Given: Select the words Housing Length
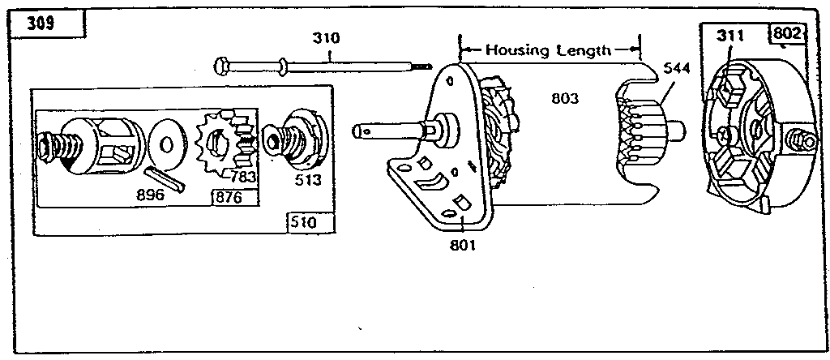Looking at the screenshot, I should (549, 50).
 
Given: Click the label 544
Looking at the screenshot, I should (676, 69).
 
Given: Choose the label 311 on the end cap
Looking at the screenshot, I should (731, 35).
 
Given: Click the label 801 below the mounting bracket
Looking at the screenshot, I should (462, 246).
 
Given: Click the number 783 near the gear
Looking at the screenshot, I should (243, 175).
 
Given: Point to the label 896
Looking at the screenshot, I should (150, 195).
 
